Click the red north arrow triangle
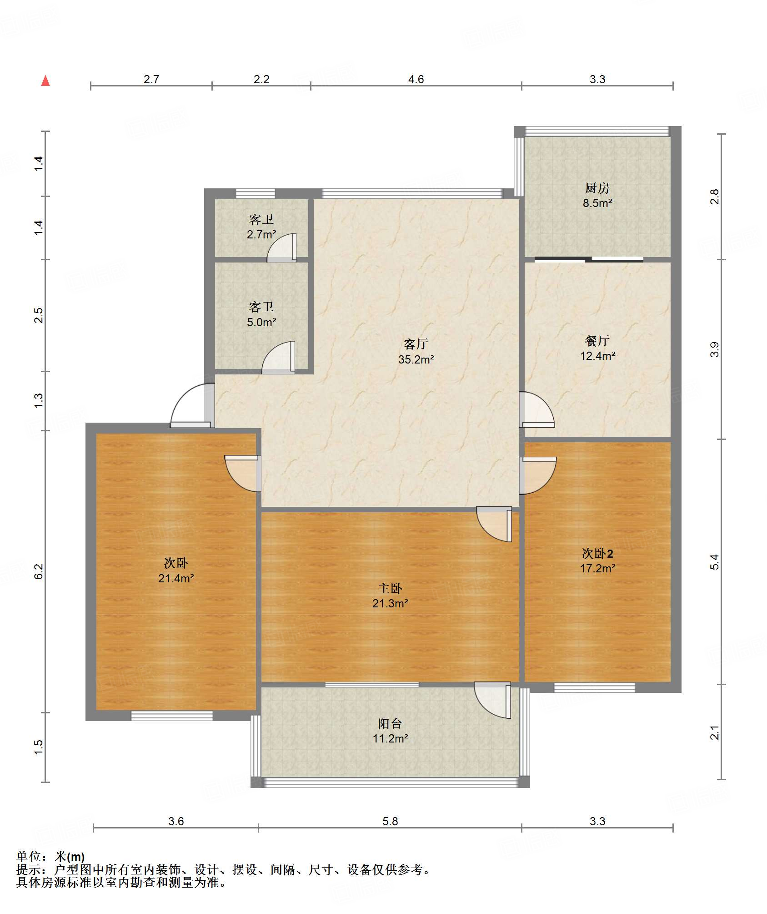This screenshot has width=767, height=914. tap(45, 81)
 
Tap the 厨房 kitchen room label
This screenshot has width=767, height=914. tap(597, 188)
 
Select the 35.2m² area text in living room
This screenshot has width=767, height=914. tap(416, 359)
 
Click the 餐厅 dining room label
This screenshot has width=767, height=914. tap(597, 341)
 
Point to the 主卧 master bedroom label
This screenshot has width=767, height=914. tap(390, 589)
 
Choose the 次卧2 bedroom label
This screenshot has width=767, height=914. tap(597, 554)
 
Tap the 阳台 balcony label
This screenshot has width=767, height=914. tap(390, 723)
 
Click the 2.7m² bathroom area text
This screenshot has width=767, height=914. tap(261, 235)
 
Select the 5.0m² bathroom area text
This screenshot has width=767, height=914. tap(261, 323)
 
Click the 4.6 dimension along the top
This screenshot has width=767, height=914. tap(416, 80)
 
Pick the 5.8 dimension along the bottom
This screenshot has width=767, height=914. tap(390, 821)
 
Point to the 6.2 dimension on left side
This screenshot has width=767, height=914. tap(39, 571)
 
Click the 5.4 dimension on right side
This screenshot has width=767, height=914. tap(715, 562)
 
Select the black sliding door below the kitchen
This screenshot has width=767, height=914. tap(589, 260)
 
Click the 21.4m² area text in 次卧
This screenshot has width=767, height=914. tap(176, 579)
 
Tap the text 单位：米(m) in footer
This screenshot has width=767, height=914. tap(50, 857)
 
